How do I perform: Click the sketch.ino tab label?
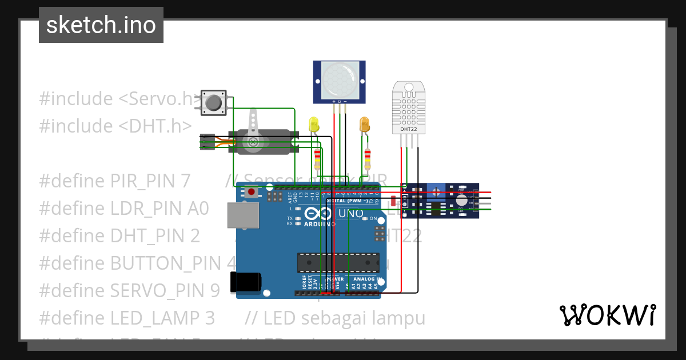tap(101, 25)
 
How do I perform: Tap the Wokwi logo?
tap(607, 315)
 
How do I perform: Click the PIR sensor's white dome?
tap(339, 79)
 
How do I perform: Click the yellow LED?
tap(313, 125)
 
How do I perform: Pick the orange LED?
tap(364, 124)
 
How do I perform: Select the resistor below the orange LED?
tap(368, 158)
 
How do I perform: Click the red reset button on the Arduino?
tap(250, 193)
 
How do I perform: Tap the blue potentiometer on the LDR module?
tap(436, 189)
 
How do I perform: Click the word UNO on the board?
tap(351, 213)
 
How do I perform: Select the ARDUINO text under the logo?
tap(320, 223)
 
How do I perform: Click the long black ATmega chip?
tap(337, 262)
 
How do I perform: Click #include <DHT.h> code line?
tap(115, 126)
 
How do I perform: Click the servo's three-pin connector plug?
tap(207, 142)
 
